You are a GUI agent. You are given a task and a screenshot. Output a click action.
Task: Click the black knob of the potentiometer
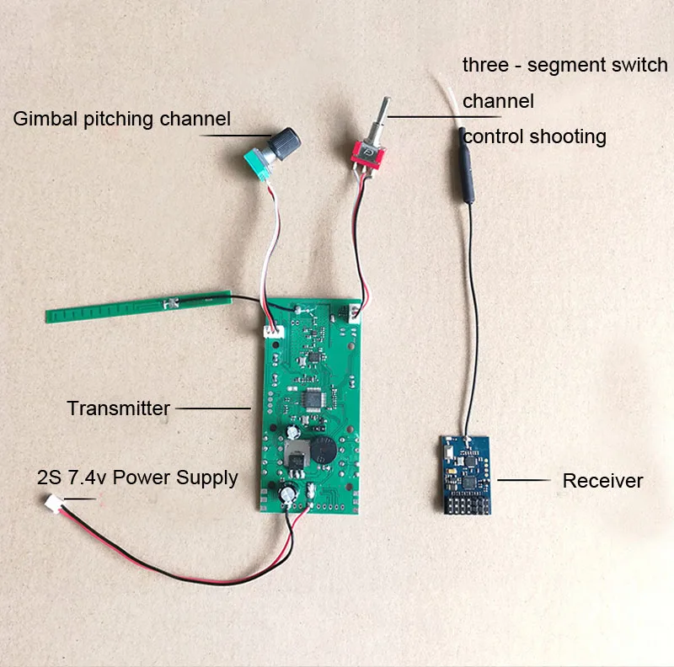click(287, 141)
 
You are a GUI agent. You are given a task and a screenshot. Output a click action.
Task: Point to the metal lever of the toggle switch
click(384, 115)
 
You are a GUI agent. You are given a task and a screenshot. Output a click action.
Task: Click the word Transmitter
click(119, 409)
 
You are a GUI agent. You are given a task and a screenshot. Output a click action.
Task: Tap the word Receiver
click(602, 481)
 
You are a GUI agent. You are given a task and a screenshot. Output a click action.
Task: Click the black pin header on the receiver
click(462, 502)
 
